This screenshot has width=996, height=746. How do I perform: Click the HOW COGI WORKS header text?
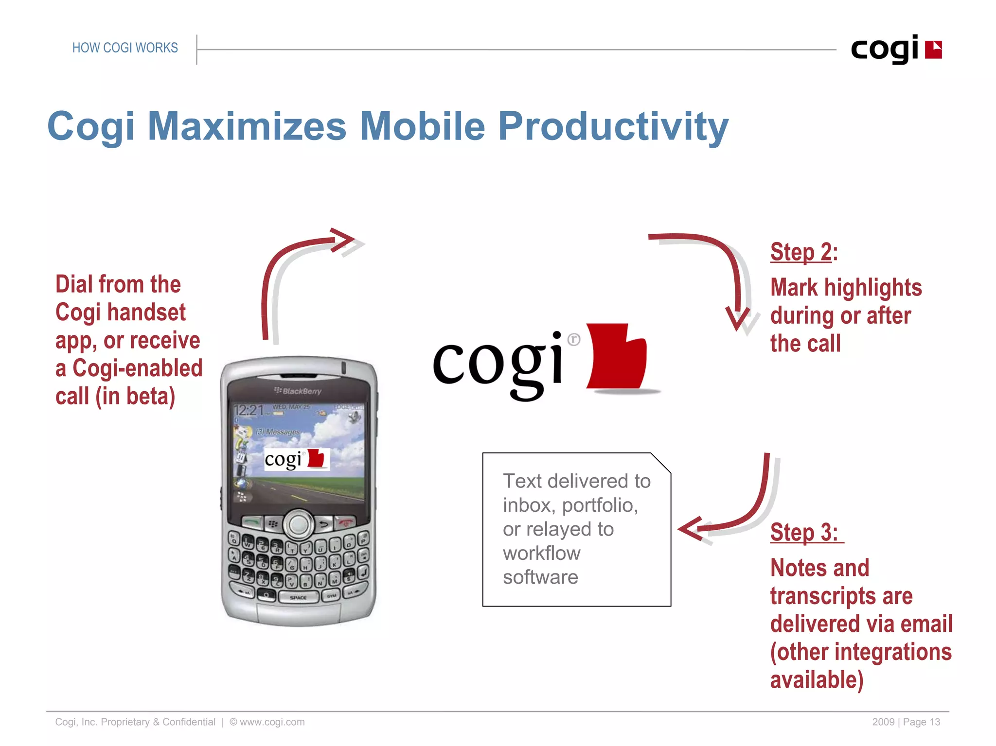click(x=125, y=48)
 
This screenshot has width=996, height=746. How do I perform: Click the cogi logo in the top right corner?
click(x=896, y=49)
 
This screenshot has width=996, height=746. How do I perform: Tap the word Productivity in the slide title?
click(x=613, y=126)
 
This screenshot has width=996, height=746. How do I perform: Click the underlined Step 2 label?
click(x=801, y=252)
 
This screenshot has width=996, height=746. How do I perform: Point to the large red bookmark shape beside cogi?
click(x=617, y=357)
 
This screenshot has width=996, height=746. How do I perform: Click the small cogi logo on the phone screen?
click(x=296, y=459)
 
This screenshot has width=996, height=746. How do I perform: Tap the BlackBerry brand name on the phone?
click(x=298, y=391)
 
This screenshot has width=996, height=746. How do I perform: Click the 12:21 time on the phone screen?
click(x=248, y=410)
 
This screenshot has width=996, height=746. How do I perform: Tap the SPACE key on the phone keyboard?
click(x=298, y=597)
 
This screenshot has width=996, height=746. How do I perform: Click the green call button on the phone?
click(x=252, y=522)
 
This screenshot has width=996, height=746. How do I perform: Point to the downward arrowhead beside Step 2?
click(x=738, y=318)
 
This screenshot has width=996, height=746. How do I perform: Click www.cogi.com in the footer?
click(x=272, y=722)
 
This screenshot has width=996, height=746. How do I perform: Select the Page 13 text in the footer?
click(x=921, y=722)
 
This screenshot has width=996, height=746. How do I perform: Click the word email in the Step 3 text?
click(x=926, y=624)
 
